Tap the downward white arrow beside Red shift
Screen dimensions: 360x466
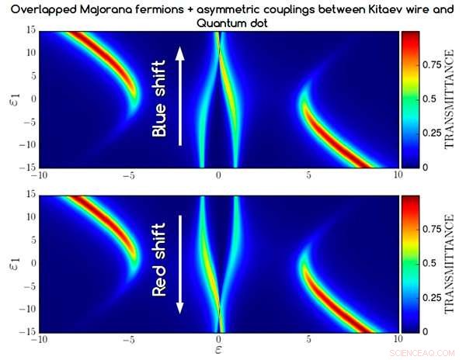[x=181, y=264]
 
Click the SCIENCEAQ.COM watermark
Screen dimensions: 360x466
[x=426, y=351]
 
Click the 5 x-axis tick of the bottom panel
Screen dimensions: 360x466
[x=309, y=338]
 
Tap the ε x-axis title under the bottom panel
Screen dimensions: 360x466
[x=220, y=351]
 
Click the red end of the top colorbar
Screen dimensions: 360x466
[x=410, y=36]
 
